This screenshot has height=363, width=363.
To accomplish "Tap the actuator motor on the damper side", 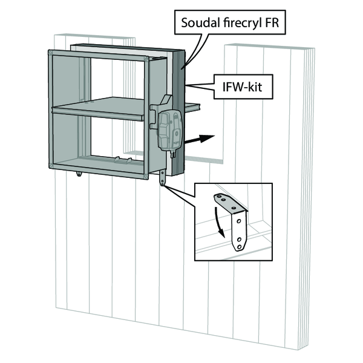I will [x=169, y=128].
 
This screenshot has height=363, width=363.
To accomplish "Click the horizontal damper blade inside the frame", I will [x=100, y=111].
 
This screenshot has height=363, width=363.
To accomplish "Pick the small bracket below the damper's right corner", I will [x=163, y=179].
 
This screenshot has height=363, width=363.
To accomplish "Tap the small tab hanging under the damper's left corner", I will [x=79, y=174].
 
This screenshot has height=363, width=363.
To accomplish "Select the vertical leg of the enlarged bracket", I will [x=240, y=233].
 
